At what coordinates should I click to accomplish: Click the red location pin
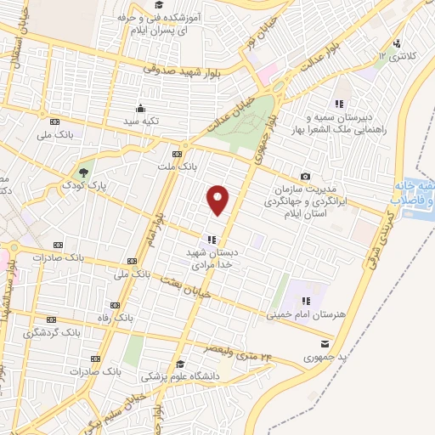(x=218, y=200)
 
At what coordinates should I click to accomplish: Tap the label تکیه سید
(x=140, y=122)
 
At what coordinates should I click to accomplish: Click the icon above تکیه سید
(x=140, y=109)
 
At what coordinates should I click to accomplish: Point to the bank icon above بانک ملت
(x=177, y=154)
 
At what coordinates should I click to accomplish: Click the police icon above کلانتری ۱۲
(x=397, y=43)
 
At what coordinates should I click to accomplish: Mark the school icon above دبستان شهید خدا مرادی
(x=212, y=239)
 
